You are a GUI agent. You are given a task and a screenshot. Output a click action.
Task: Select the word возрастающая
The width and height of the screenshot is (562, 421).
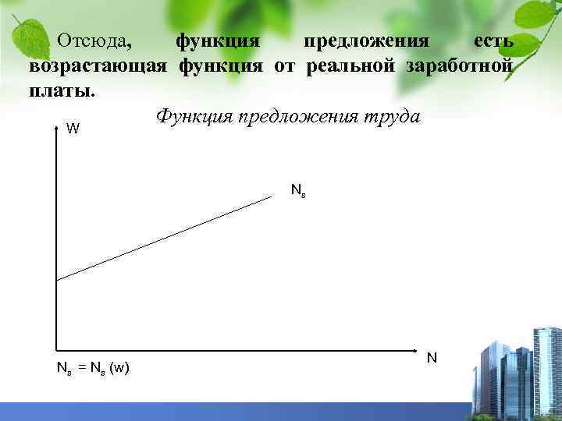point(98,65)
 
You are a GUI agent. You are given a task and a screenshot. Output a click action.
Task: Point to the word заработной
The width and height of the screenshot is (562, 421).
point(459,65)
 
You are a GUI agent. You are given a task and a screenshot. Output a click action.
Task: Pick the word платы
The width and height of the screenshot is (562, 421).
point(62,90)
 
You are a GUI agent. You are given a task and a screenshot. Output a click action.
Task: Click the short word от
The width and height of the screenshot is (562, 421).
point(285,65)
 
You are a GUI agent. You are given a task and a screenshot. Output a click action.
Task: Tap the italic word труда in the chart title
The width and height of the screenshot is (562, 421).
point(391,117)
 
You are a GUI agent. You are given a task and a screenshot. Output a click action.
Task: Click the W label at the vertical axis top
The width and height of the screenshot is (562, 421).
point(72,129)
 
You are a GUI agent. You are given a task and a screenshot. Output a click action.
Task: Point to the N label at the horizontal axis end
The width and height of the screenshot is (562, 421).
point(432,359)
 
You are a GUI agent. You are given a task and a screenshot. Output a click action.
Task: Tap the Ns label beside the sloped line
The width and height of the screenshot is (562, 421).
point(298,189)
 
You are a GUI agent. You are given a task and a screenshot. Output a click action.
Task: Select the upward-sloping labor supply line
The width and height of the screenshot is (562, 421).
point(164,238)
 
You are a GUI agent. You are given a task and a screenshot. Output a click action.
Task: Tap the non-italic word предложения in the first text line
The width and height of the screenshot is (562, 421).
point(366,40)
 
